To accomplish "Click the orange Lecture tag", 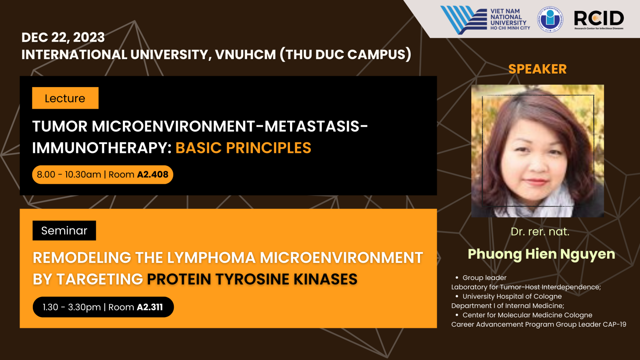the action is (x=65, y=98).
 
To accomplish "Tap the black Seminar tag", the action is (x=64, y=230).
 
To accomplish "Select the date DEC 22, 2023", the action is (x=63, y=37).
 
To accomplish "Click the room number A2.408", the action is (x=153, y=174).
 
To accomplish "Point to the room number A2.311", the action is (x=150, y=307).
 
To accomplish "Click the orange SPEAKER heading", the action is (x=537, y=69).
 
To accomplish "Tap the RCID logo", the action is (x=599, y=20).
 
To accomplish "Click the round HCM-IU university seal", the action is (x=550, y=19).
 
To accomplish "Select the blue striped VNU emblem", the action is (x=463, y=20).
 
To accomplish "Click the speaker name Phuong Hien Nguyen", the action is (x=541, y=255).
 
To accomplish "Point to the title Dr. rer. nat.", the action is (x=540, y=232).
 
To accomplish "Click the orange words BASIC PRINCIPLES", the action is (x=243, y=148).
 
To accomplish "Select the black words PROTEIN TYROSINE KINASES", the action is (x=252, y=279).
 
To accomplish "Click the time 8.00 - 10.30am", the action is (x=69, y=174).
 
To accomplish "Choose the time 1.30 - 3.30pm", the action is (x=72, y=307).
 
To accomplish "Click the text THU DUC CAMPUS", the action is (x=346, y=54).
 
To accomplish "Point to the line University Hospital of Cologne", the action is (x=512, y=296).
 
